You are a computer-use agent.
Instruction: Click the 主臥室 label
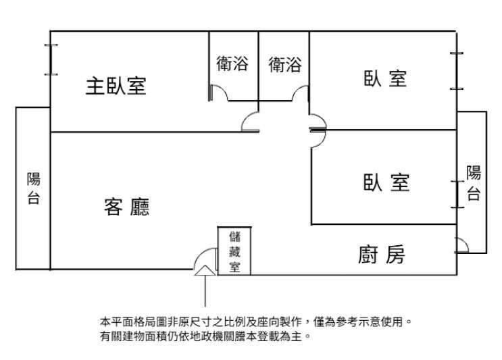[x=116, y=86]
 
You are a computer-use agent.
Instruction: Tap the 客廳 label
[x=126, y=207]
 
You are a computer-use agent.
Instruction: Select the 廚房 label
[x=381, y=255]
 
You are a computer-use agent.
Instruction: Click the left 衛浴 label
[x=232, y=64]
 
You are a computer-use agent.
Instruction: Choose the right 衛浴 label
[x=284, y=64]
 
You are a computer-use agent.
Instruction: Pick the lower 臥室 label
[x=386, y=182]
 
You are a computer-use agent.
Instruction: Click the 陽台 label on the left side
[x=33, y=188]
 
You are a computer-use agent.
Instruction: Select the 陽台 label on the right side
[x=474, y=183]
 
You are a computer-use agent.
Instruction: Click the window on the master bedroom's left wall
[x=49, y=60]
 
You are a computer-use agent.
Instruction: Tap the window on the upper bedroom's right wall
[x=457, y=71]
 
